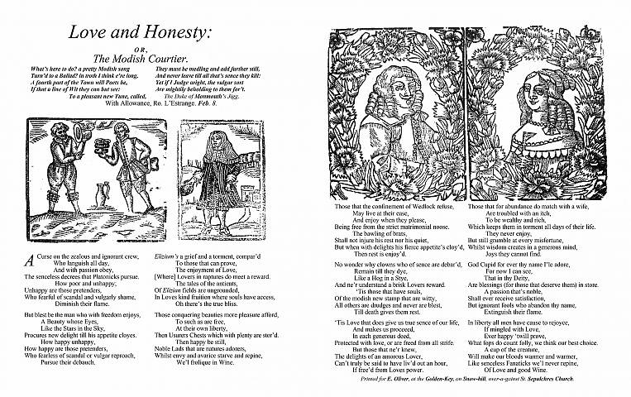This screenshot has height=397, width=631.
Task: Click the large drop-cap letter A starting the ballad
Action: (x=30, y=257)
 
